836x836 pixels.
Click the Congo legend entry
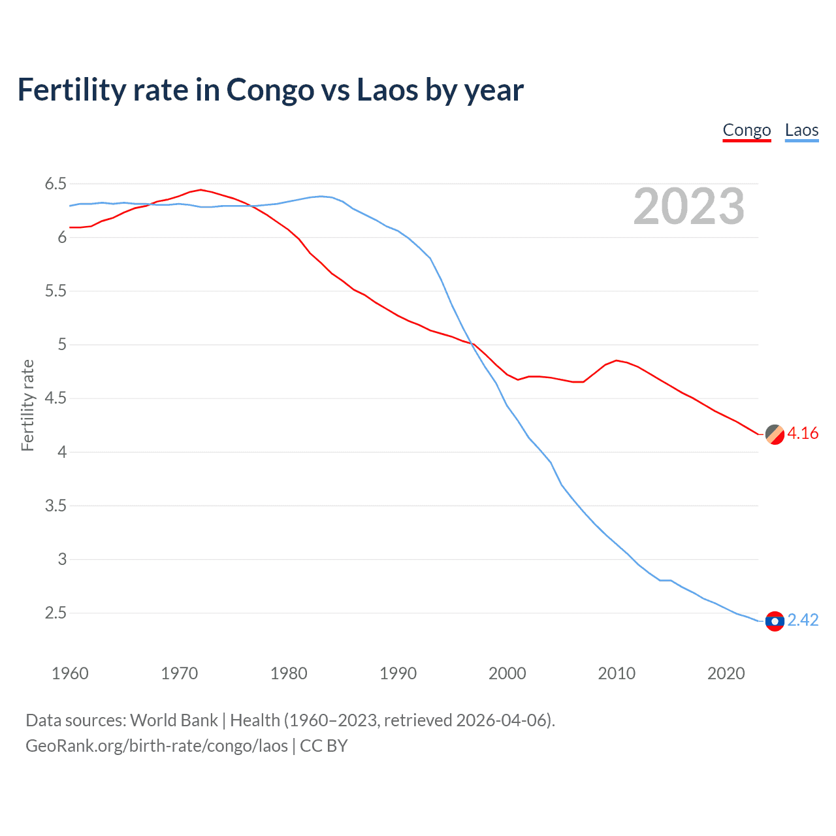click(x=747, y=130)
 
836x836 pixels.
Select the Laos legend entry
click(x=801, y=130)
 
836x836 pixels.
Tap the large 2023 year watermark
click(x=688, y=206)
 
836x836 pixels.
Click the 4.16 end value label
click(x=803, y=434)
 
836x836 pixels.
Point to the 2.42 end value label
click(x=803, y=620)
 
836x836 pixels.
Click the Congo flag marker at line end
click(x=775, y=434)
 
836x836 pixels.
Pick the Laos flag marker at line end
click(x=775, y=621)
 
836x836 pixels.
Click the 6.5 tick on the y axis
click(x=56, y=184)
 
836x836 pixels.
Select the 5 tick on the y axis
click(x=62, y=345)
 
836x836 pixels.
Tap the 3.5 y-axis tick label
click(x=56, y=506)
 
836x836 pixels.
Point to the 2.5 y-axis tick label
click(x=56, y=613)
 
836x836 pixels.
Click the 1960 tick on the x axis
click(x=70, y=673)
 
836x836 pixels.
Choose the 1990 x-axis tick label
click(x=398, y=673)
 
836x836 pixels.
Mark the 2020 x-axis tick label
click(x=726, y=673)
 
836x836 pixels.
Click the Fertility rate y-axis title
click(x=27, y=405)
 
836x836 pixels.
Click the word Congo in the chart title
click(x=270, y=90)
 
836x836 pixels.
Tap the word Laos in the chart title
click(x=387, y=90)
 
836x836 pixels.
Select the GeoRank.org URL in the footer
click(x=157, y=746)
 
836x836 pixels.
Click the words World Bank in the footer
click(x=174, y=720)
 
